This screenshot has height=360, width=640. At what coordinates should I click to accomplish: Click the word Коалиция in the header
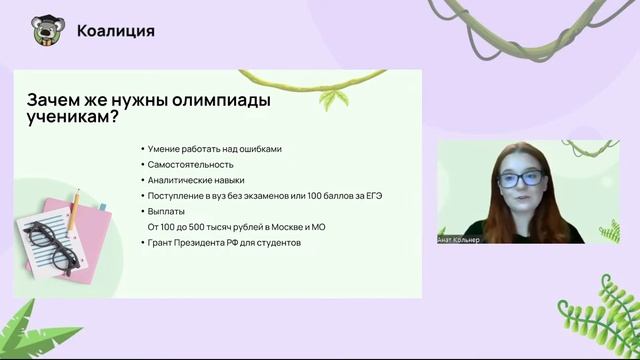point(116,31)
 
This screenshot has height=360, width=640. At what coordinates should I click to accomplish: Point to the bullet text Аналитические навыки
point(196,180)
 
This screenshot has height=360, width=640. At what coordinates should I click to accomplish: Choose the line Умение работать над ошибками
point(214,149)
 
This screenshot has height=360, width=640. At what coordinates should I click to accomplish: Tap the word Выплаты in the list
point(166,212)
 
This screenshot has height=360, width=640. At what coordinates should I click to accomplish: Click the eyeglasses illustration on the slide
point(49,242)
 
